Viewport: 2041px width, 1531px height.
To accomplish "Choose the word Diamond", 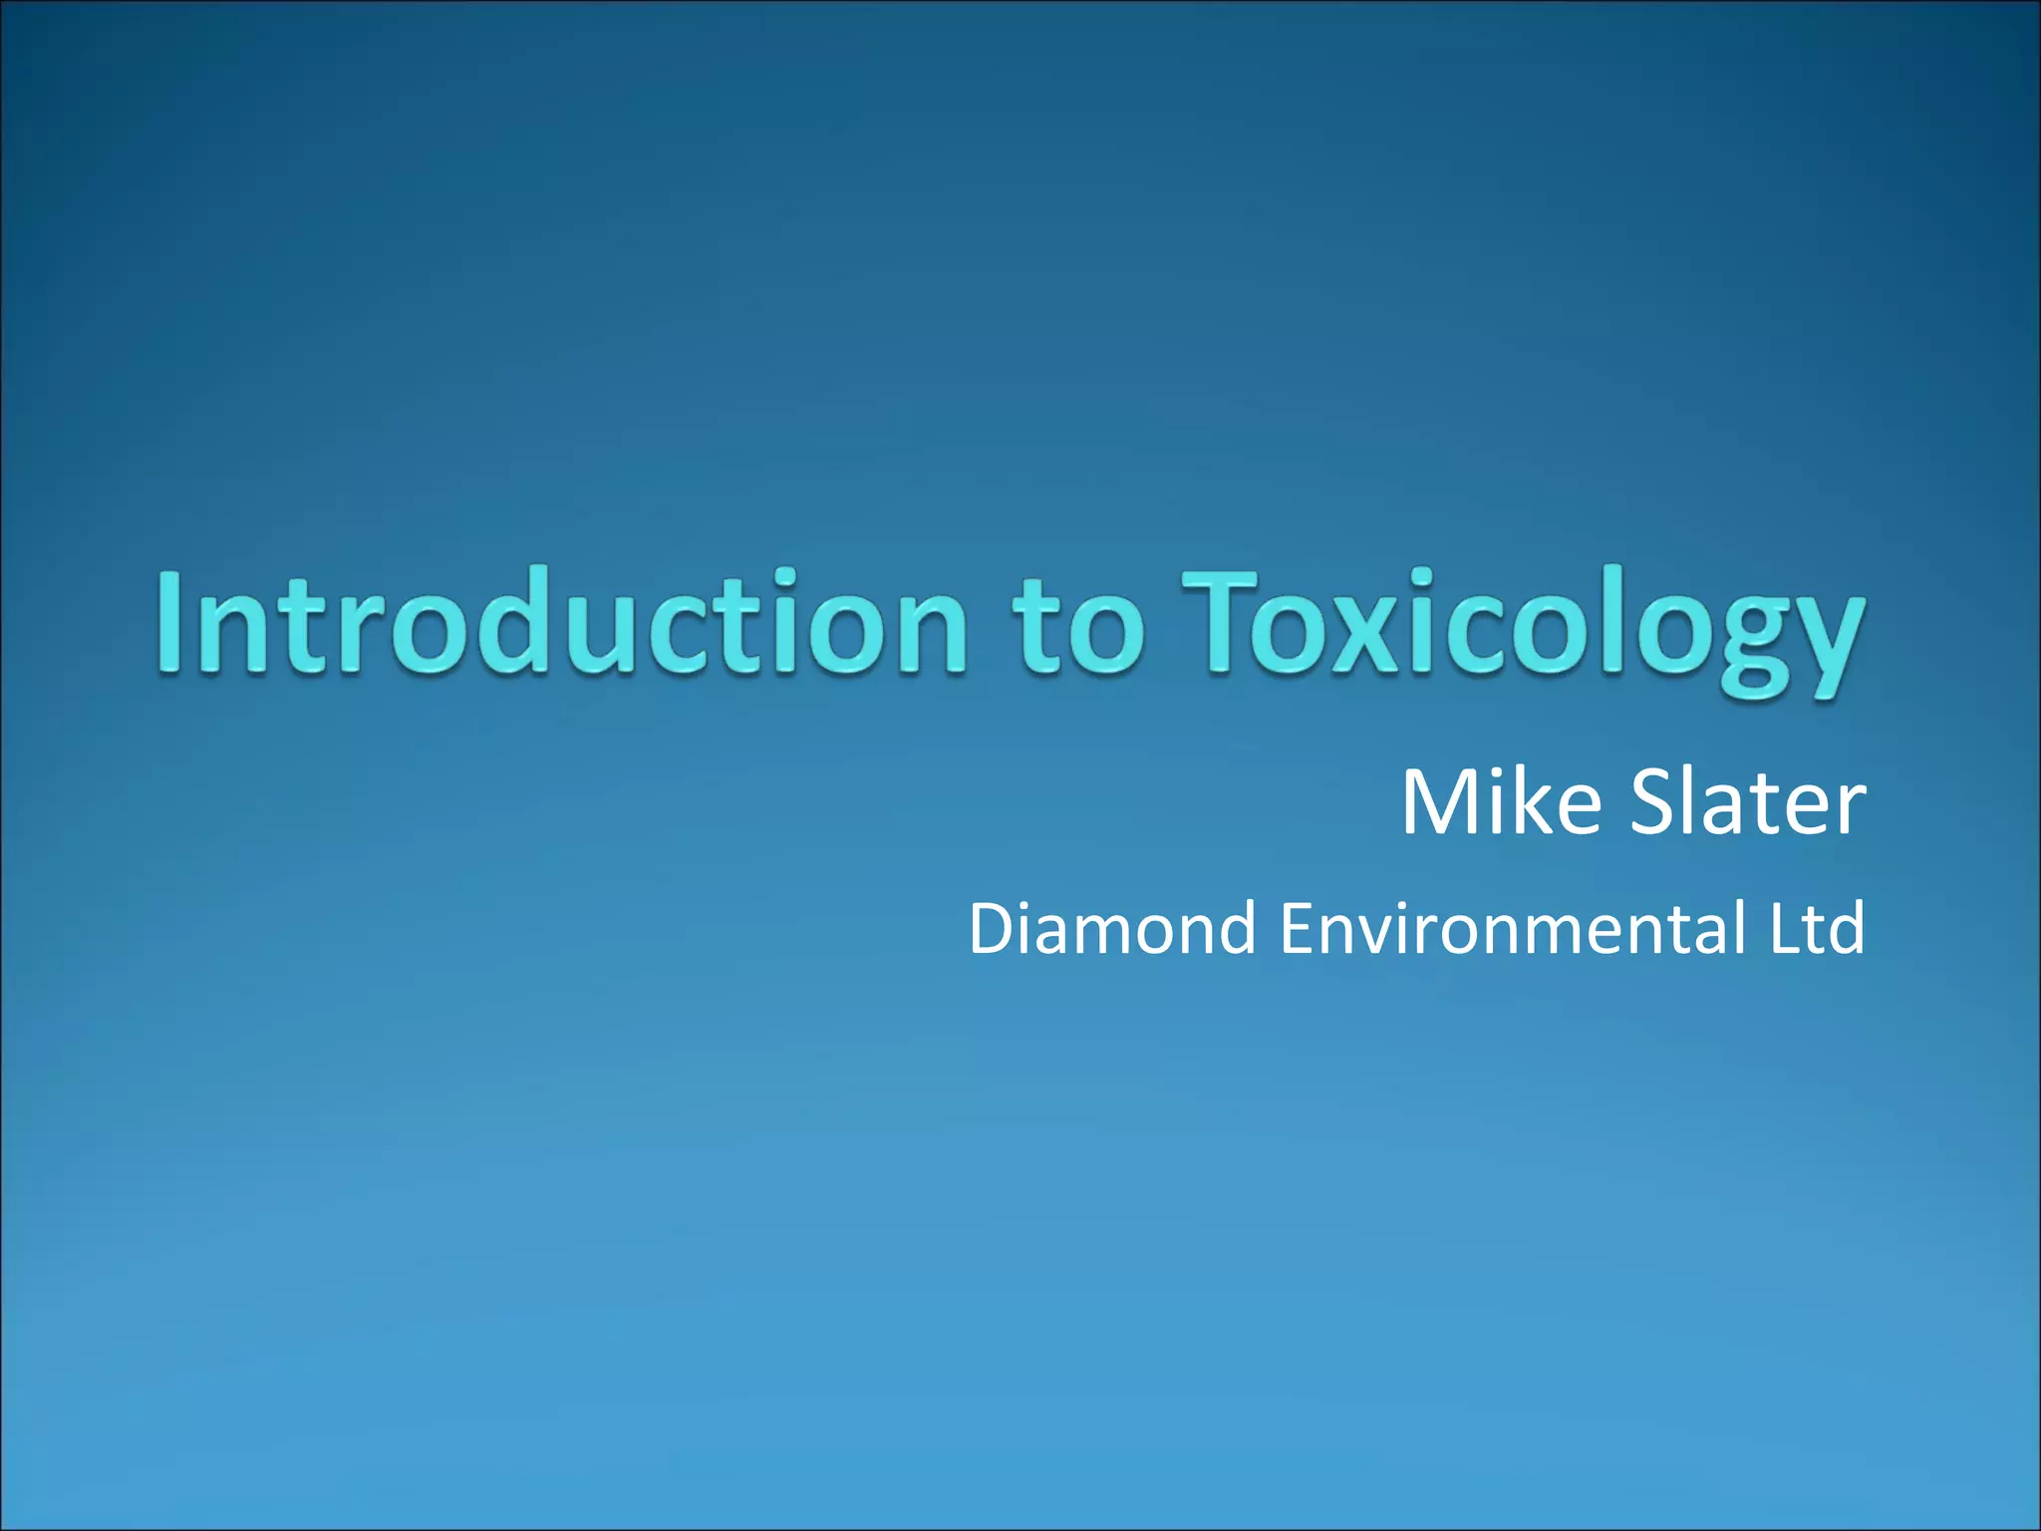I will (1112, 928).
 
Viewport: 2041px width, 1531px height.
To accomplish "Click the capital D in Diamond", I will (999, 928).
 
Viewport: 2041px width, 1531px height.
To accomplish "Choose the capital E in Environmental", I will (1300, 928).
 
